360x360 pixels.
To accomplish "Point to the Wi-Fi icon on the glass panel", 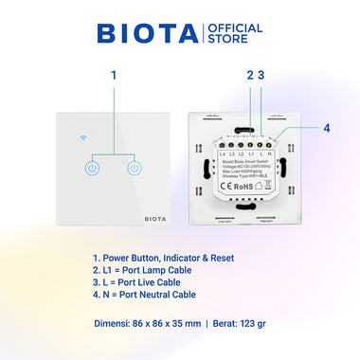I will coord(87,136).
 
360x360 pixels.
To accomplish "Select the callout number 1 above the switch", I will coord(113,75).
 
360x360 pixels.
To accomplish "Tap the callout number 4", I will coord(326,128).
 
